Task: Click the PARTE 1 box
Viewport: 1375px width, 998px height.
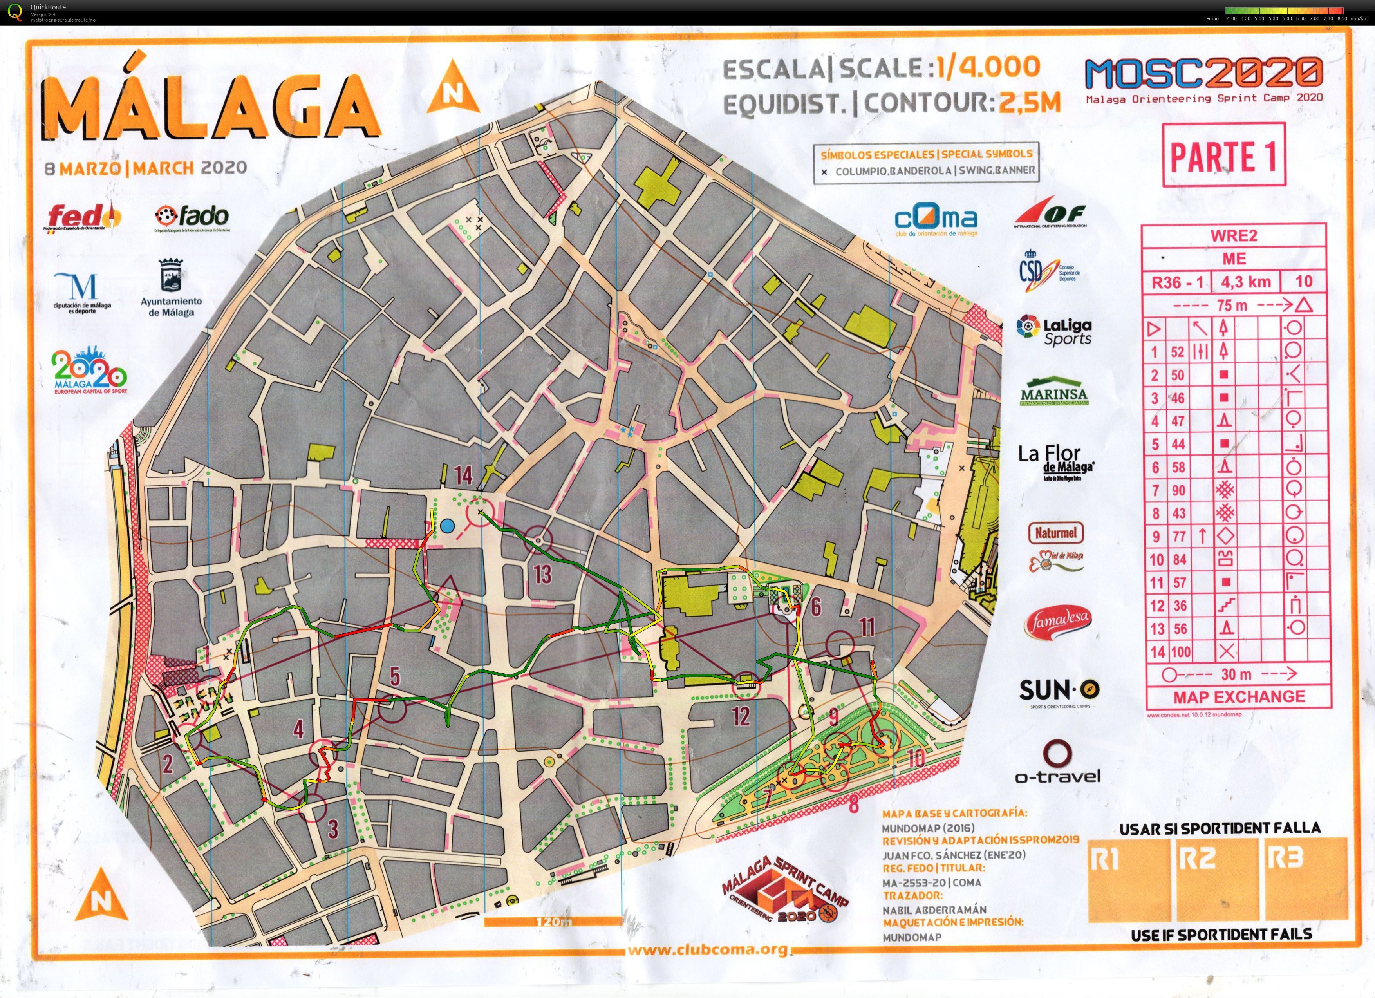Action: click(1223, 155)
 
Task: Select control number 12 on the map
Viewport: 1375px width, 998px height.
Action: click(741, 716)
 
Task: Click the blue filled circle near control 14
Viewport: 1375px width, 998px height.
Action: click(447, 526)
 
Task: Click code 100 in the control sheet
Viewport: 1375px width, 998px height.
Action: click(1180, 652)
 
